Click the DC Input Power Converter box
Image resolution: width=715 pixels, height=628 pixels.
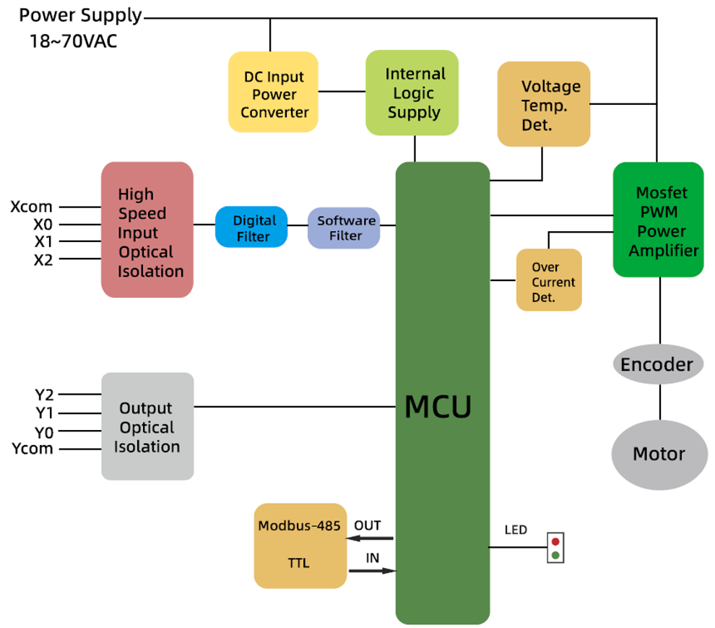click(273, 92)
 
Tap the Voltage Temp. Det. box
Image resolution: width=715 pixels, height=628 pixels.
click(543, 104)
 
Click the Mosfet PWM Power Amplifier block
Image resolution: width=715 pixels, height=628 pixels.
click(658, 220)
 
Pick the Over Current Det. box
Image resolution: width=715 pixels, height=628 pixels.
click(549, 280)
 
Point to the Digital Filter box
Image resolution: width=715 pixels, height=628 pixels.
click(251, 228)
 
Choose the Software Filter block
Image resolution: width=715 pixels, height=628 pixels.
click(344, 228)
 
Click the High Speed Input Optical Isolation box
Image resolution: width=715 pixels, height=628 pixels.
click(147, 230)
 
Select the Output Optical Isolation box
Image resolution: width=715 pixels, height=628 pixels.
click(147, 426)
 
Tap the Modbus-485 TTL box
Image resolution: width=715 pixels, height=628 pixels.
click(300, 546)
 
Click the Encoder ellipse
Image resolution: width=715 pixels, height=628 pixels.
click(656, 364)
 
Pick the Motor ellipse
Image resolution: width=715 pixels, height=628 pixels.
click(659, 454)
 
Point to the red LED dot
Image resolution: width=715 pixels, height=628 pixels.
click(555, 541)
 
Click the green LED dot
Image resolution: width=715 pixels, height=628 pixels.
click(555, 556)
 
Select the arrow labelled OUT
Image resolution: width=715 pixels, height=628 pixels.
click(373, 538)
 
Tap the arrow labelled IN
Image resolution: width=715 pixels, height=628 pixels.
click(373, 572)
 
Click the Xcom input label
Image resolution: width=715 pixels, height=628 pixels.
click(31, 207)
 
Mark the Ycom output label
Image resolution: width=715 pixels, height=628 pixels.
click(32, 449)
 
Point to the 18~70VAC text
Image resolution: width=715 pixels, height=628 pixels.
click(73, 40)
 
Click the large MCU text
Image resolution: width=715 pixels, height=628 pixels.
click(438, 407)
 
